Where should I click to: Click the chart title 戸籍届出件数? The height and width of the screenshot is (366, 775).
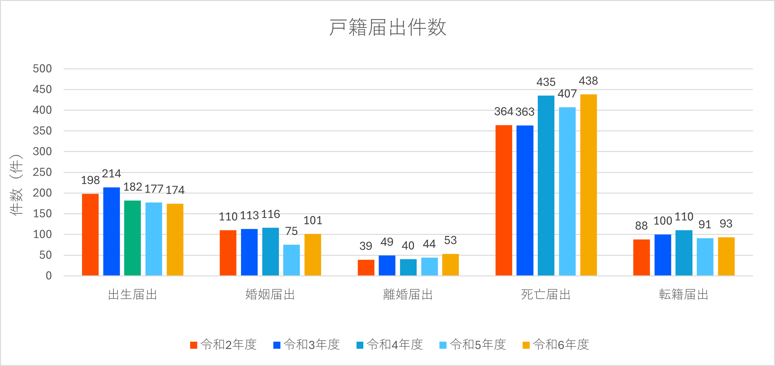[388, 27]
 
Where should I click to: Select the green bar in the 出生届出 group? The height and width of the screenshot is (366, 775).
[133, 238]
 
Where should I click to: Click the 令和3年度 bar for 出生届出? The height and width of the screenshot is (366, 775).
[112, 231]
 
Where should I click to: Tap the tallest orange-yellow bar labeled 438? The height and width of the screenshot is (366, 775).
[588, 185]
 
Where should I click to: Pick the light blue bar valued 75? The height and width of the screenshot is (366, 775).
[292, 260]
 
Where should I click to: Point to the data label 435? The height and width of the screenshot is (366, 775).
[546, 82]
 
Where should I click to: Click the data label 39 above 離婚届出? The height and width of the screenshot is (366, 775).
[366, 246]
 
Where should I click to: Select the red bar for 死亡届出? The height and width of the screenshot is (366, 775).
[504, 200]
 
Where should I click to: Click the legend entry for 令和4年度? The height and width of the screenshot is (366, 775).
[390, 345]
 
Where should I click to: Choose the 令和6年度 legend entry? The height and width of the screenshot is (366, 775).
[556, 345]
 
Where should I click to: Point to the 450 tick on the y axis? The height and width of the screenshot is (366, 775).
[42, 90]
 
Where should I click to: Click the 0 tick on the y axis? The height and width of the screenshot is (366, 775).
[49, 276]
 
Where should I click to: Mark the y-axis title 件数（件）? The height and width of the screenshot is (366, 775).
[16, 185]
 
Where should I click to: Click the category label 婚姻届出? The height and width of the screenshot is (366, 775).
[270, 295]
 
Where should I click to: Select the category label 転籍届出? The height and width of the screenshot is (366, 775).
[683, 295]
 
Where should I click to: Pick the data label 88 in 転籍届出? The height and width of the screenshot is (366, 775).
[641, 226]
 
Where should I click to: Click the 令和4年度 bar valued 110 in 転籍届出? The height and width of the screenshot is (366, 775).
[684, 253]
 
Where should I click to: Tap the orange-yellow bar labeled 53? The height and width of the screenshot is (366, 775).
[450, 265]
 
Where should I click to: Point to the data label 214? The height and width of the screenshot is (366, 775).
[112, 174]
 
